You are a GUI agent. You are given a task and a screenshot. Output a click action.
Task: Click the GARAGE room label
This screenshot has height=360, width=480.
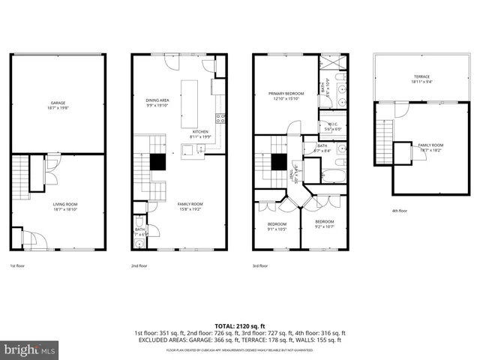pos(58,104)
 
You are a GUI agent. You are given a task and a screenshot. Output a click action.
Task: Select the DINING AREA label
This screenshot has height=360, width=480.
pos(156,101)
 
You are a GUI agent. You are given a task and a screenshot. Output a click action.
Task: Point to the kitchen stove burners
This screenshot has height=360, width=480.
pos(220,118)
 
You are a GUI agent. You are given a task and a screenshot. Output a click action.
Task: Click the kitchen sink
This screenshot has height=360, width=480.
pos(201,148)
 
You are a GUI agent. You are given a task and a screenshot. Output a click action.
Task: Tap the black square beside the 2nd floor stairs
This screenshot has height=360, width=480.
pos(157,162)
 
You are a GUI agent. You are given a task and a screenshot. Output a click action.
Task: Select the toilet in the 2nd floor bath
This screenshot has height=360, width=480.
pos(139,223)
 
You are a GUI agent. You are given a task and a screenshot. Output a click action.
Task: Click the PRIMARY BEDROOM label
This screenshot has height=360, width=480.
pos(284,95)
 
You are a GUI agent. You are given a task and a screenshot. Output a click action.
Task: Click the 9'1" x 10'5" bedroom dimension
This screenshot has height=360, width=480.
pos(276,229)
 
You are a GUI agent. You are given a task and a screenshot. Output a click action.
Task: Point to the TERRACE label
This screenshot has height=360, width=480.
pos(421,76)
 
